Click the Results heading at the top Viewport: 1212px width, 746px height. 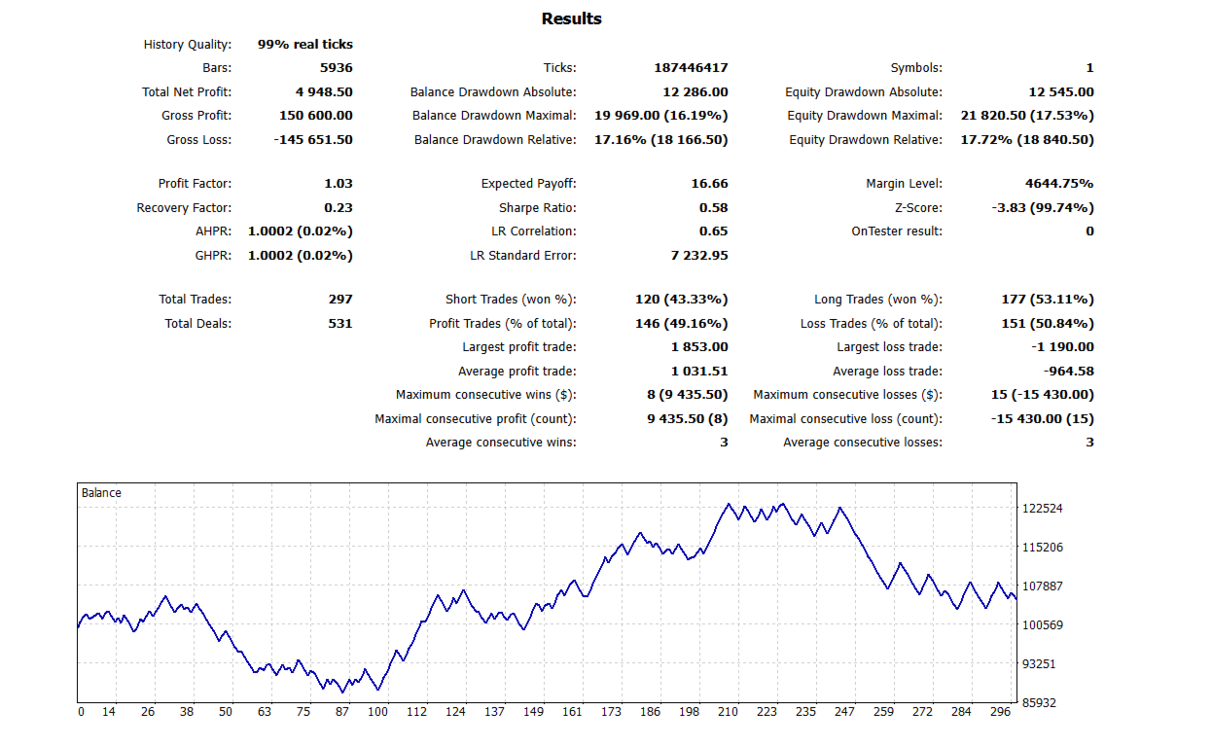pos(571,18)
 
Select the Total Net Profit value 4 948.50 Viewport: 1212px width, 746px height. pos(324,91)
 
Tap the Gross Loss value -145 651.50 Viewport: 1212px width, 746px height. pos(313,139)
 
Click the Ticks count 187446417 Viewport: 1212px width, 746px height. pos(691,68)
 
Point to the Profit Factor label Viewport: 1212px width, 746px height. pos(195,184)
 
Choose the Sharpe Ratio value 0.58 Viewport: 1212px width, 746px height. pos(713,207)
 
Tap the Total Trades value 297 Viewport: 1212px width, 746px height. pos(340,300)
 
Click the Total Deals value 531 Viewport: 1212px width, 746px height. pos(340,323)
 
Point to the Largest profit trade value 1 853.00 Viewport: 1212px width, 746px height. pos(699,347)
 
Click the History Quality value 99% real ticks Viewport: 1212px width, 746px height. pos(304,44)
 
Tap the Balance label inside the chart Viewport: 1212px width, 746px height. pos(101,493)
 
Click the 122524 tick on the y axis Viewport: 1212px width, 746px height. pos(1042,508)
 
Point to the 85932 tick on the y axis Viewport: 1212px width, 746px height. pos(1039,702)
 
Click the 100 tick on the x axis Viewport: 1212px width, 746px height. pos(377,712)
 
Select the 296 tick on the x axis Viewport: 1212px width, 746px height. pos(1001,712)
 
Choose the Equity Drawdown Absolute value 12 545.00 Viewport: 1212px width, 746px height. pos(1060,91)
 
